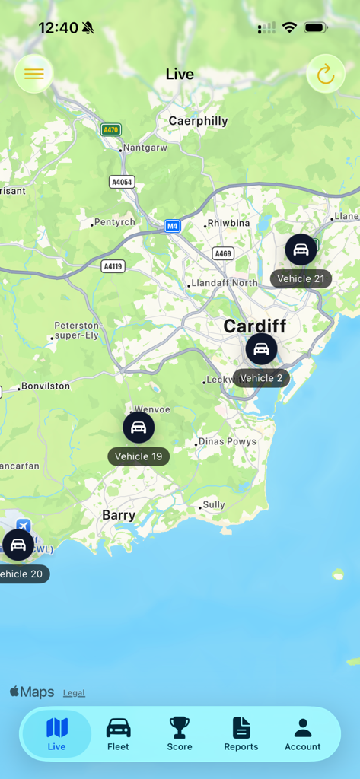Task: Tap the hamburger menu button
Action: coord(34,74)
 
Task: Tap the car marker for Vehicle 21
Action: coord(301,250)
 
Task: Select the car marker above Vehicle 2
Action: coord(261,349)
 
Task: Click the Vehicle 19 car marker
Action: coord(139,428)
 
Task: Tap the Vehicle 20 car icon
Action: coord(18,545)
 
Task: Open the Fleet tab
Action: coord(118,734)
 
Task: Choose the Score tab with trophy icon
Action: coord(180,734)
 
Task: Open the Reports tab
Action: coord(241,734)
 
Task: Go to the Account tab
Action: coord(303,734)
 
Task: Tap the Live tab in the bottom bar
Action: coord(57,734)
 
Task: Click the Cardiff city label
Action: coord(255,326)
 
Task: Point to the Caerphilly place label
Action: coord(198,121)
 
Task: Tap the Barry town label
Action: coord(119,515)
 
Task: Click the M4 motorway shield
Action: coord(173,226)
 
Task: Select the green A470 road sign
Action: coord(111,130)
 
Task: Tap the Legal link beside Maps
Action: coord(74,693)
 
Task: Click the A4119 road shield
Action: coord(113,266)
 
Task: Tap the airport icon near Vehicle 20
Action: coord(24,526)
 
